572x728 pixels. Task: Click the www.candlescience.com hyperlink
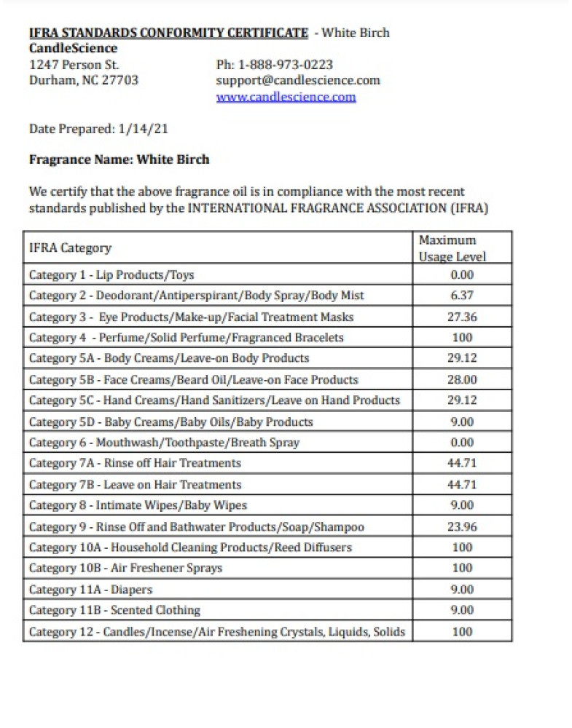286,97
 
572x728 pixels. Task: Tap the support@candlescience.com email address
298,80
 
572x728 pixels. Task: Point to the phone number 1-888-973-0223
286,65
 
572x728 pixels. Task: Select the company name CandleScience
73,48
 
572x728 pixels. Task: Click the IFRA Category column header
70,248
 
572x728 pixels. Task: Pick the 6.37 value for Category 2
462,296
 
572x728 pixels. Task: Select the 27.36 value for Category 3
462,317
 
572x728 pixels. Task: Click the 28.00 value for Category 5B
462,379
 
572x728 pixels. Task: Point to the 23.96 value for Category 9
462,526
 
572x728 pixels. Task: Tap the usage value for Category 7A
462,463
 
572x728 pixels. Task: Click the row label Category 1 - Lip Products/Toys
111,274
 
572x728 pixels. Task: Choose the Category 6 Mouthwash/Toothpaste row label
164,442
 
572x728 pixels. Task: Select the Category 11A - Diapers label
90,590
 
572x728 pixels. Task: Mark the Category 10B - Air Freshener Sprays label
125,568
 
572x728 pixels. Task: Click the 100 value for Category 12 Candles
462,632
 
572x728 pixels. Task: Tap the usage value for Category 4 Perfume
462,338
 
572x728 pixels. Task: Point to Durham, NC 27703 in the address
83,80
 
